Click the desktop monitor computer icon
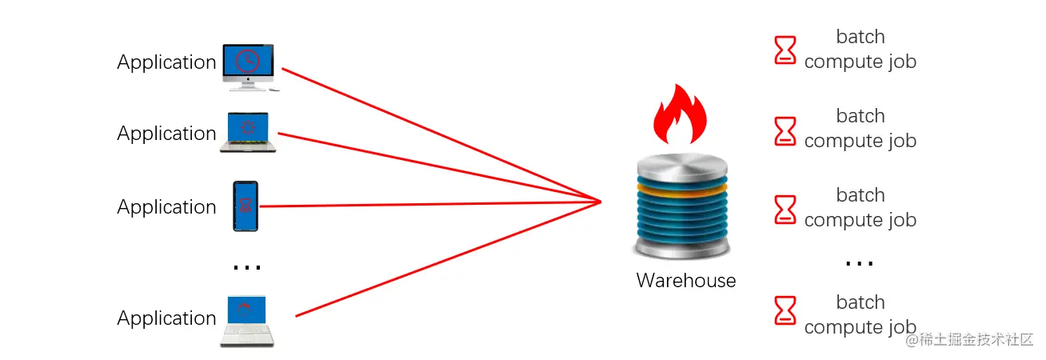pos(248,66)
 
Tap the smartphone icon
pos(246,206)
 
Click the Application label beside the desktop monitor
pos(166,62)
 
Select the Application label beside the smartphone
pos(166,207)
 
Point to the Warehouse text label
pos(685,281)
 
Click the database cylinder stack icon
pos(682,206)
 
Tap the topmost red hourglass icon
pos(785,50)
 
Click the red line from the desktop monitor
pos(440,134)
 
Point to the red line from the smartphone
pos(432,204)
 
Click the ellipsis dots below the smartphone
pos(246,267)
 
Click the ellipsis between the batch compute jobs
pos(859,262)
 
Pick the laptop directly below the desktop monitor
pos(250,133)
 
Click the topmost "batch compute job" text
pos(860,50)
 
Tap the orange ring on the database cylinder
pos(682,189)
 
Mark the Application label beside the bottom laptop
pos(166,318)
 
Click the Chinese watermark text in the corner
pos(969,339)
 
